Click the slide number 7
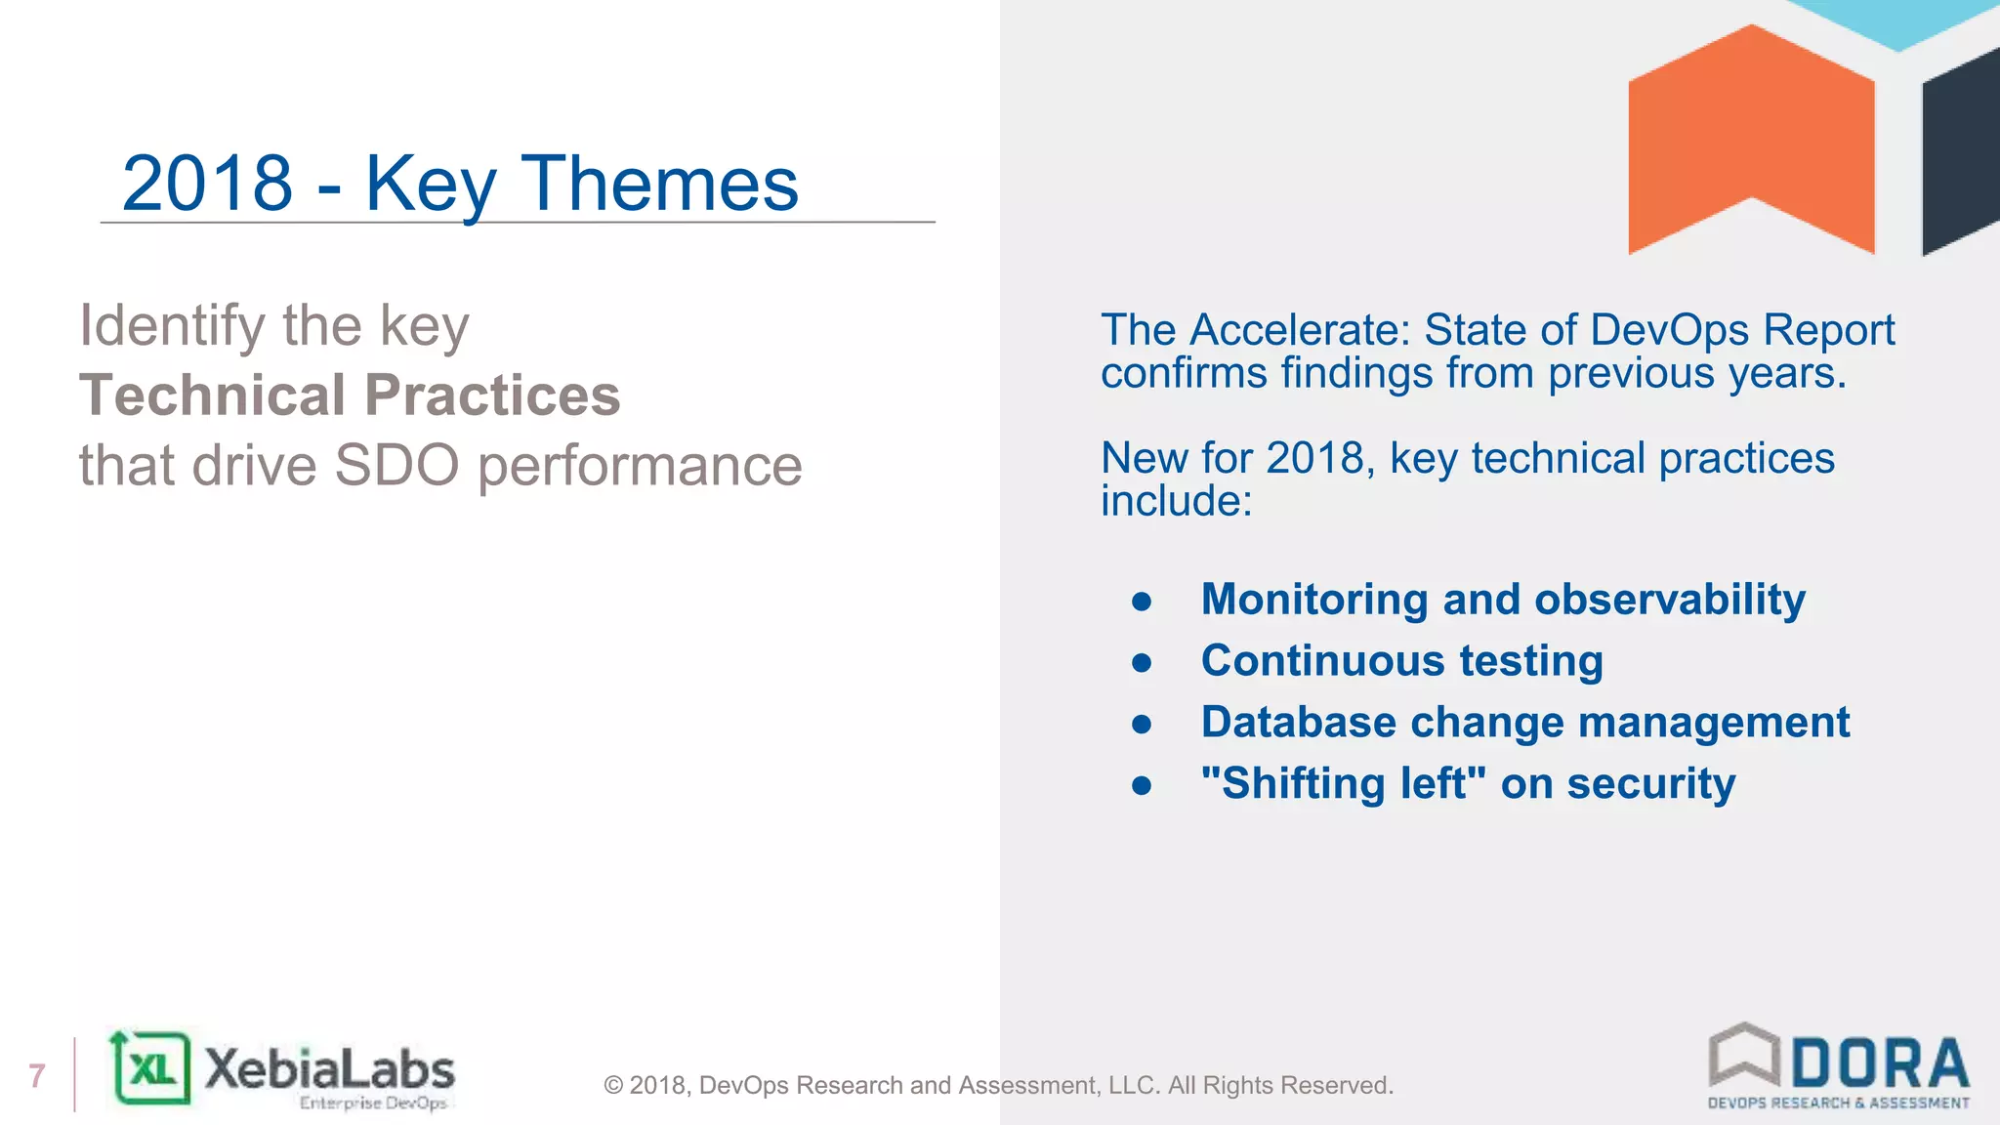pos(37,1075)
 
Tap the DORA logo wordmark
pos(1879,1064)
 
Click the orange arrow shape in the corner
pos(1750,137)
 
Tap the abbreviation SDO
pos(396,466)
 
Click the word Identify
pos(172,326)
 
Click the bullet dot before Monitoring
pos(1142,602)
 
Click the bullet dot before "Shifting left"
pos(1142,785)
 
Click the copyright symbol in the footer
pos(613,1086)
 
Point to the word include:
pos(1176,502)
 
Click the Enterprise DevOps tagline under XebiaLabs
pos(373,1104)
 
